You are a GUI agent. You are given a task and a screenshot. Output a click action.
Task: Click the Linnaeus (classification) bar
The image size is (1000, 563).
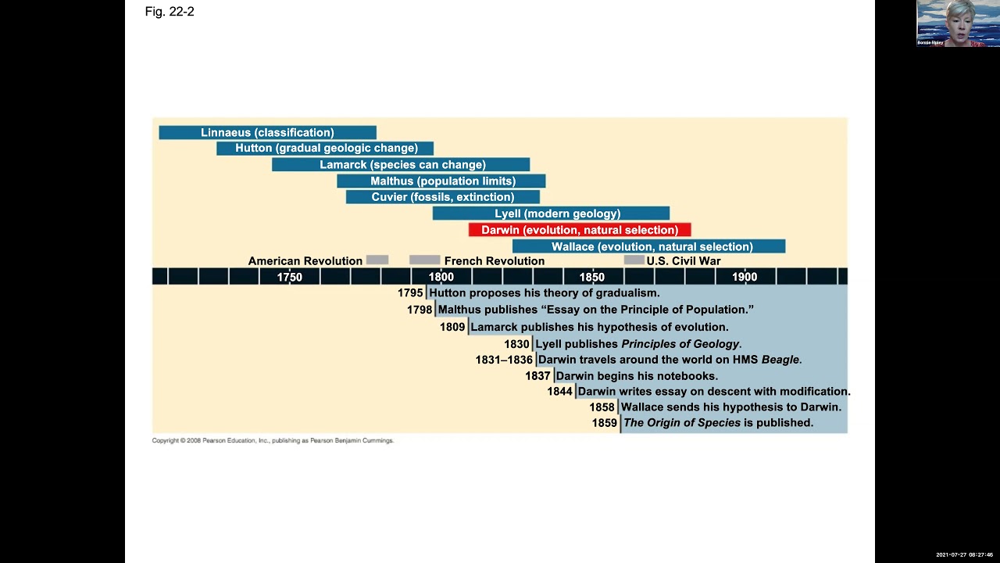coord(267,133)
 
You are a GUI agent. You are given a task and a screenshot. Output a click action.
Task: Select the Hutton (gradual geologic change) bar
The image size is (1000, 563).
coord(325,149)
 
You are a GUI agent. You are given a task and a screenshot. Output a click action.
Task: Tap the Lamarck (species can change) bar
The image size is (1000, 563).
coord(401,165)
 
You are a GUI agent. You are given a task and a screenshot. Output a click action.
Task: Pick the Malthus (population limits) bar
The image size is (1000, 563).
coord(441,181)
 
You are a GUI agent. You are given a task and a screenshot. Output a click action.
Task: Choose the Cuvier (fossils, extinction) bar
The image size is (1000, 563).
coord(443,197)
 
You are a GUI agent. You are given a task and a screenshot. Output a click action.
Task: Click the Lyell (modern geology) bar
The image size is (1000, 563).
coord(551,213)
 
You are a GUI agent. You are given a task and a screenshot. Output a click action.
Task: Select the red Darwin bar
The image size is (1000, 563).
coord(580,230)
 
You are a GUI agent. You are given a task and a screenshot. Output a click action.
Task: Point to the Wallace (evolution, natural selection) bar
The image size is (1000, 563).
coord(648,246)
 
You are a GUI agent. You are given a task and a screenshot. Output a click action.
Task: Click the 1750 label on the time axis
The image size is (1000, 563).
coord(290,277)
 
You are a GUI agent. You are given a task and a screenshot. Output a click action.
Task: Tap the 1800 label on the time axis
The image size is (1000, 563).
coord(441,277)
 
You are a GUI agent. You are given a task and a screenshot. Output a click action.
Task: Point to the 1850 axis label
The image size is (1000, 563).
coord(591,277)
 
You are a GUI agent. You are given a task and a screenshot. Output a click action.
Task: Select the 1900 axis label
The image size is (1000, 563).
coord(745,277)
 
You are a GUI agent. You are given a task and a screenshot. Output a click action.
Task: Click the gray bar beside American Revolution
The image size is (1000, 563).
coord(377,260)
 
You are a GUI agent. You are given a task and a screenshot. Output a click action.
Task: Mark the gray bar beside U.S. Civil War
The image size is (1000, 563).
coord(634,260)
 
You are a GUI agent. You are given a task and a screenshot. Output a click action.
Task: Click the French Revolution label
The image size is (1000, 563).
coord(495,261)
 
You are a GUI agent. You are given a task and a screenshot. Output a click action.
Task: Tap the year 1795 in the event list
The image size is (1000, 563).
coord(410,293)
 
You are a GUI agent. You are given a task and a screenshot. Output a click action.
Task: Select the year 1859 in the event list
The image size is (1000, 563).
coord(604,423)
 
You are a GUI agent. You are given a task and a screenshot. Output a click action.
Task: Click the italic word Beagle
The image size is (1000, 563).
coord(780,360)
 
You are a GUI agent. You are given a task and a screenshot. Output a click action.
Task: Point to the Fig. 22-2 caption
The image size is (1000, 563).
coord(170,12)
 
